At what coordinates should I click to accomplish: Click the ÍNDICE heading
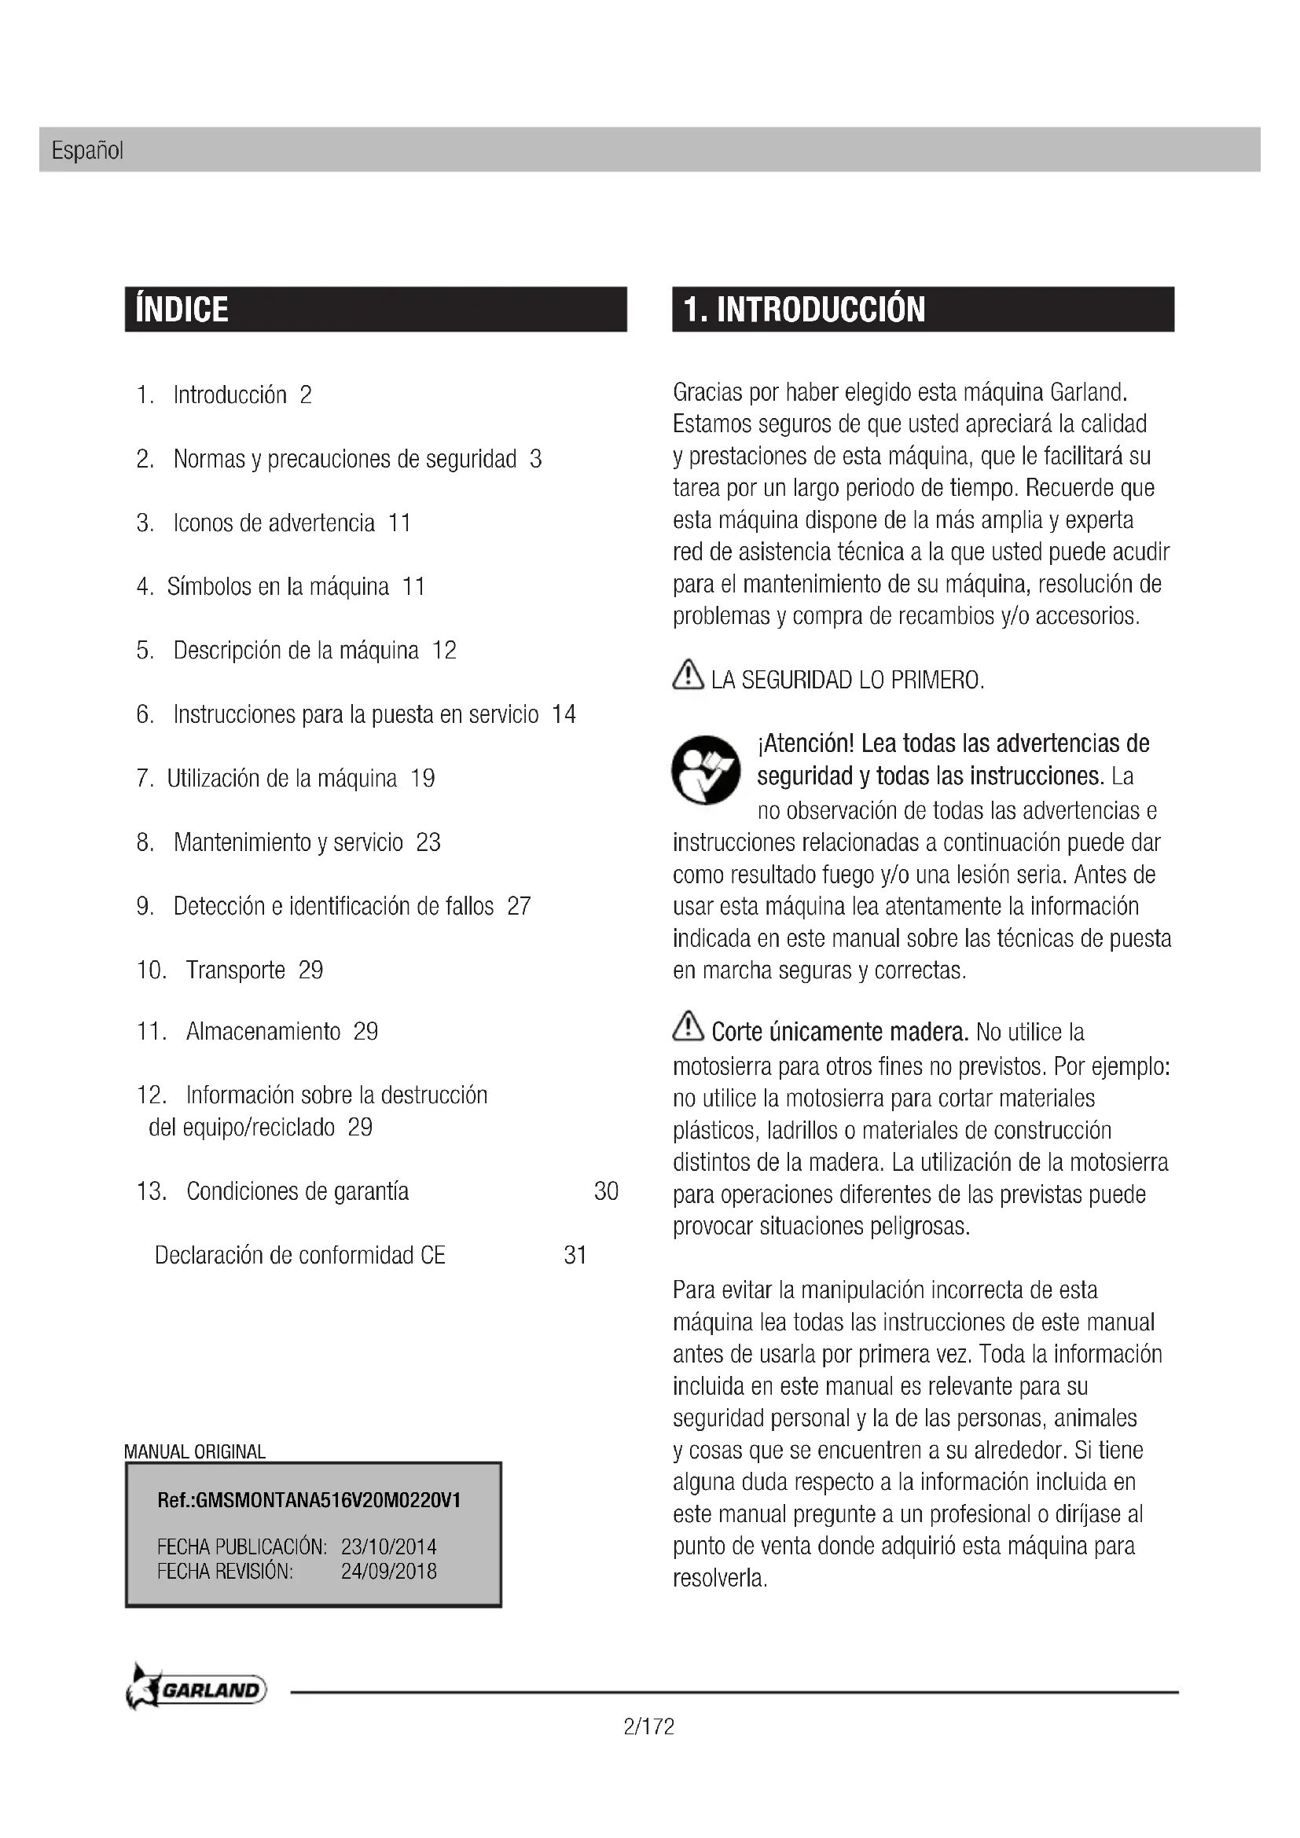point(182,310)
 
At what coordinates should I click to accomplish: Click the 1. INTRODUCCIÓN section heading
point(805,310)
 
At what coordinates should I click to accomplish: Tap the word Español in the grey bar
point(87,151)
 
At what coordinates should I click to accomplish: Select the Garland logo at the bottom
point(197,1690)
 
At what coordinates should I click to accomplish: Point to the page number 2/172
point(648,1726)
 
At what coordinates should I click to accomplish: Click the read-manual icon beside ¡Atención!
point(705,769)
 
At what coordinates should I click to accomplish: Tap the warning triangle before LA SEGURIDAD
point(688,675)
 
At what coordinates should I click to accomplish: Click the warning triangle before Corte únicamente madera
point(688,1026)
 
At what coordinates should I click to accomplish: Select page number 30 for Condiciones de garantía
point(606,1191)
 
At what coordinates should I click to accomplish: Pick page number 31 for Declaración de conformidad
point(575,1255)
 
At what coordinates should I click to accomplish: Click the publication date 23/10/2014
point(388,1546)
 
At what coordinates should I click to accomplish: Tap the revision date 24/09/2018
point(388,1571)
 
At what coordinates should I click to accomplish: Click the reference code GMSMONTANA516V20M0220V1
point(329,1500)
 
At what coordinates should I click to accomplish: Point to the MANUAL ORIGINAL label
point(194,1452)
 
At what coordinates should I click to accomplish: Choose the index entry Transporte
point(235,970)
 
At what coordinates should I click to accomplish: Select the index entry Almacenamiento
point(263,1031)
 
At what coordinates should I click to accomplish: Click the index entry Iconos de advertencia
point(274,523)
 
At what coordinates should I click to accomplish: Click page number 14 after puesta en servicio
point(564,714)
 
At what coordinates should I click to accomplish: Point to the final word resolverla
point(719,1579)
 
